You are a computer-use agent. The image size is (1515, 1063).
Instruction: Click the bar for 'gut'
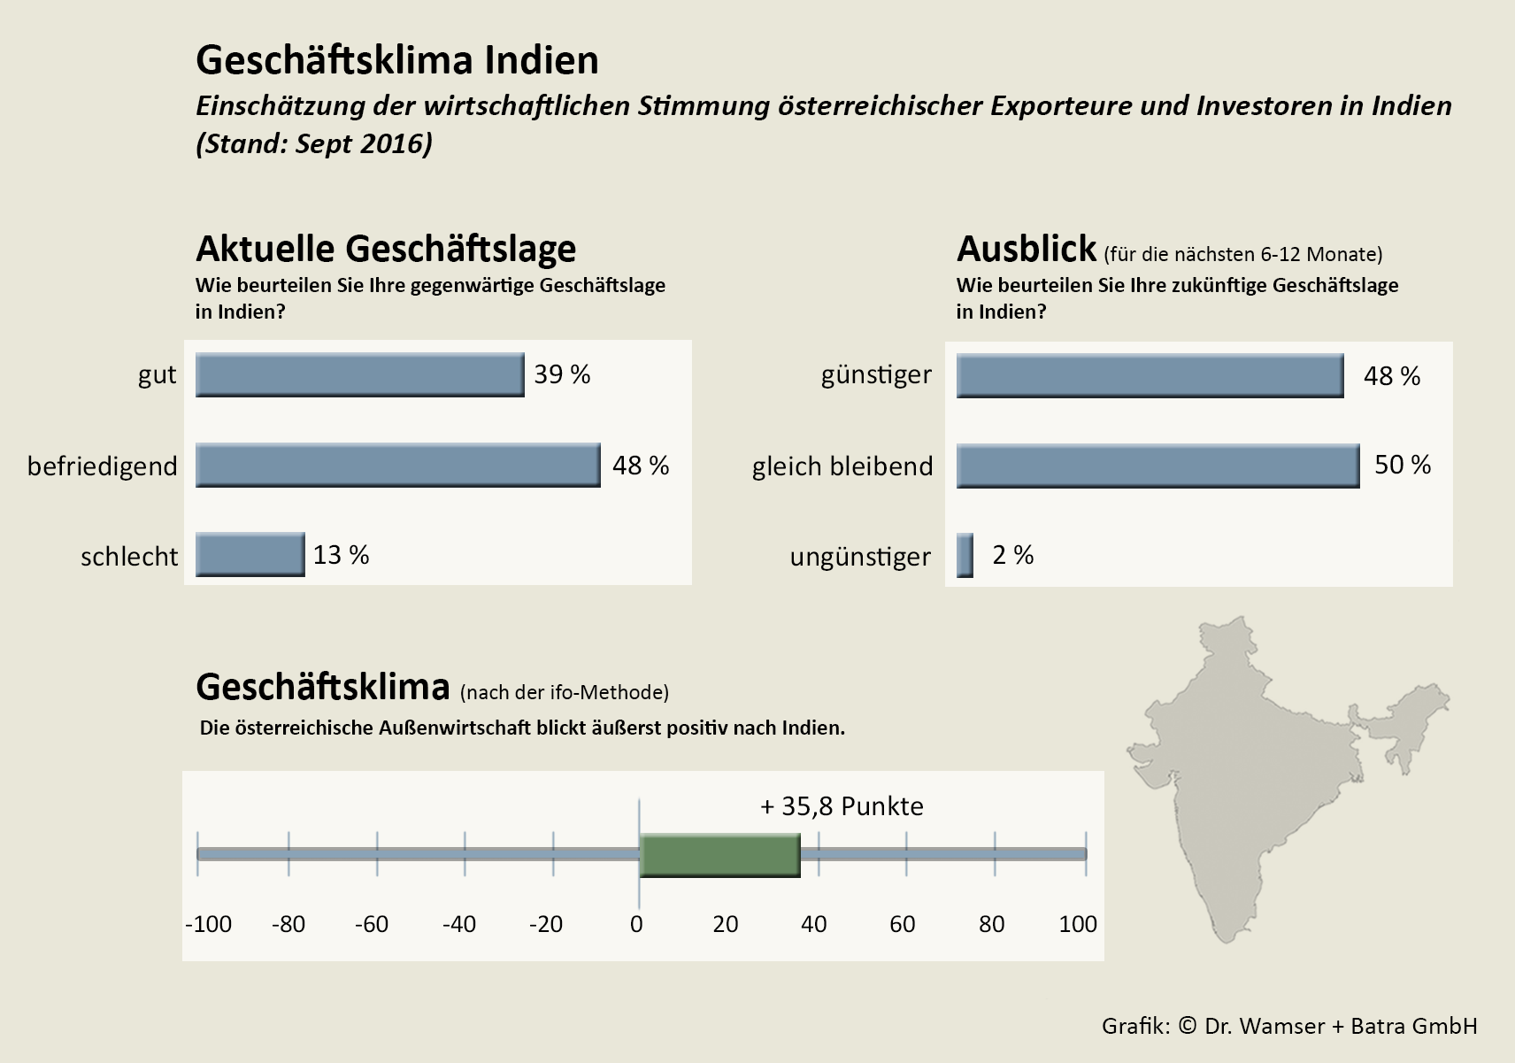point(359,375)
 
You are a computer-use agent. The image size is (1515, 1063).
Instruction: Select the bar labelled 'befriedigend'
point(397,466)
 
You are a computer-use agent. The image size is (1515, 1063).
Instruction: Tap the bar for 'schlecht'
point(250,555)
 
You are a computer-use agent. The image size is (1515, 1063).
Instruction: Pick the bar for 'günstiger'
point(1150,376)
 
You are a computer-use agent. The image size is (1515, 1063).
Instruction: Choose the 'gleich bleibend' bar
point(1157,466)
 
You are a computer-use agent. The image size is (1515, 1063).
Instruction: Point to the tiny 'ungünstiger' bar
point(965,556)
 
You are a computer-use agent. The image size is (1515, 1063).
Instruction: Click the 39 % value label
point(562,374)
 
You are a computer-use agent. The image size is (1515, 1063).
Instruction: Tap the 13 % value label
point(341,555)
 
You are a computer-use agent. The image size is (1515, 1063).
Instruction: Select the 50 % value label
point(1402,465)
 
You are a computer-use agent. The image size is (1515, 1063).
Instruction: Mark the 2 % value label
point(1012,555)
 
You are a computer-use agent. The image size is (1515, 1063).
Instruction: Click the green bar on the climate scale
point(719,855)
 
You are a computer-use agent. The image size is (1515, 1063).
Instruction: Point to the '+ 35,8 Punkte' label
point(842,806)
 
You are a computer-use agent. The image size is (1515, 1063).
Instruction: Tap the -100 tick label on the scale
point(208,924)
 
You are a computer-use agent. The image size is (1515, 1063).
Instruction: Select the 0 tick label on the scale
point(637,924)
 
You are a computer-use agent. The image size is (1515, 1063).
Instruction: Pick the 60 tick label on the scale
point(903,924)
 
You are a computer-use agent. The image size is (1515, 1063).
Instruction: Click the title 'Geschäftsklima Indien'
point(397,60)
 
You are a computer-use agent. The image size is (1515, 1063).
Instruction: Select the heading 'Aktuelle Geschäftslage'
point(386,249)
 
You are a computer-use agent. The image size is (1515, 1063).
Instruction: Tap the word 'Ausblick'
point(1027,249)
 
